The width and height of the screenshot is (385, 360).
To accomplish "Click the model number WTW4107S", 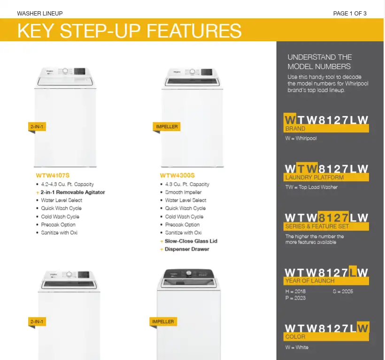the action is [53, 176].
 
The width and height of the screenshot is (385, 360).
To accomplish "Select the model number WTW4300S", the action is [177, 176].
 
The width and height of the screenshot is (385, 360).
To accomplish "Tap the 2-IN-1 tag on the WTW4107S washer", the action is [37, 127].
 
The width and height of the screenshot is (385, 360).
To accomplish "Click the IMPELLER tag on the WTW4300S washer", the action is [167, 127].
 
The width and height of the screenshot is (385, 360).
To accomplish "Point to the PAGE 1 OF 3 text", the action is [350, 14].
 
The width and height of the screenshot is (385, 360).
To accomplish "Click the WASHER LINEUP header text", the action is [40, 14].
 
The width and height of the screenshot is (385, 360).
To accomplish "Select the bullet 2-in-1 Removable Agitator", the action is [73, 192].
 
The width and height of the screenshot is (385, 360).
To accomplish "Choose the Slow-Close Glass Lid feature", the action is [191, 241].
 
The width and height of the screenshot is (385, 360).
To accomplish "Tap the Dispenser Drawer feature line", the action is [187, 249].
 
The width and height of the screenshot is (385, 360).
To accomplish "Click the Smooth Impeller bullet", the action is [183, 192].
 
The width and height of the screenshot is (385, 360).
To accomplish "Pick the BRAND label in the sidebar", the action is [295, 129].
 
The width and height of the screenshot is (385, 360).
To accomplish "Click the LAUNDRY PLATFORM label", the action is [315, 177].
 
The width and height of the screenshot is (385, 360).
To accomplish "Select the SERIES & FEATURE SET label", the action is [317, 226].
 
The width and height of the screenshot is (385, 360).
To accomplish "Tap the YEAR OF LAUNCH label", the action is [310, 281].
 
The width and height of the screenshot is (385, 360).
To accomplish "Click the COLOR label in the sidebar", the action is [295, 337].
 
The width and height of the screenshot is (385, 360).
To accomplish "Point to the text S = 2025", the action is [343, 291].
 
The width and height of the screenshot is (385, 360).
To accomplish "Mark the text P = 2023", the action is [295, 298].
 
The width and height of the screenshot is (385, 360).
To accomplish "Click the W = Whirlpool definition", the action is [301, 138].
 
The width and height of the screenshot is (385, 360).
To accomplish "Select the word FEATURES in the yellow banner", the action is [194, 31].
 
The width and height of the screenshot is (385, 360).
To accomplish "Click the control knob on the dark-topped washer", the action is [189, 273].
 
